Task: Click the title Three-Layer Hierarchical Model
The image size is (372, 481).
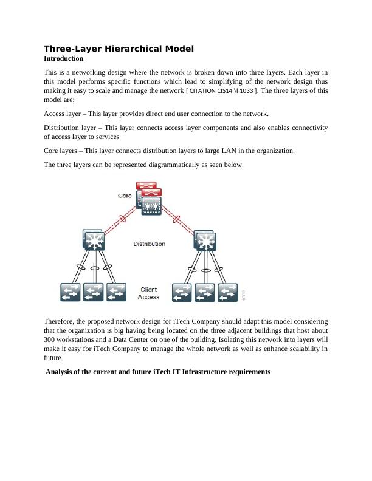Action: click(x=119, y=49)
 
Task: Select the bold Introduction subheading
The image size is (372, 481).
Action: click(x=63, y=59)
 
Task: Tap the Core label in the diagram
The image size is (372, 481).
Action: click(x=125, y=196)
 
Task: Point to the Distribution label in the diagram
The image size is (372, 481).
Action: click(x=149, y=244)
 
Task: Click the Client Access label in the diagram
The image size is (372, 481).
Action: click(x=149, y=293)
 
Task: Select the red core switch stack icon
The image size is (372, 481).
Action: click(x=149, y=197)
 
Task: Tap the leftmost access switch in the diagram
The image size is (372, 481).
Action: click(x=70, y=292)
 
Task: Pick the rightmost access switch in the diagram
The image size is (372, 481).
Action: click(x=227, y=292)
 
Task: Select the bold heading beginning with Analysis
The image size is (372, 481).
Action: click(x=158, y=372)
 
